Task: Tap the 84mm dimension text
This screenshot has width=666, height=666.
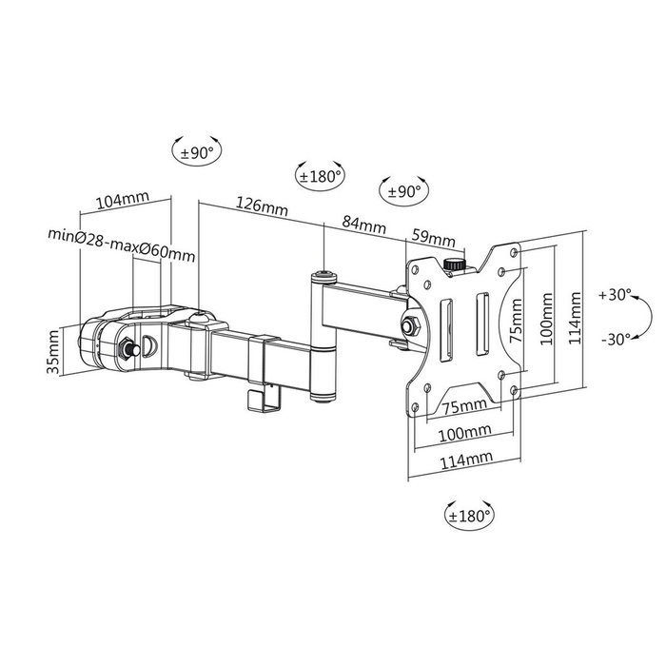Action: [363, 225]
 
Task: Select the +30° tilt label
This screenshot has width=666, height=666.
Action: [616, 296]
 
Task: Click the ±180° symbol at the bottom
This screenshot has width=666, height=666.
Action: [470, 517]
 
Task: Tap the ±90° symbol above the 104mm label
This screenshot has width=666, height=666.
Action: [197, 151]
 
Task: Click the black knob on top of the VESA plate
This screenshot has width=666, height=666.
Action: [455, 263]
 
